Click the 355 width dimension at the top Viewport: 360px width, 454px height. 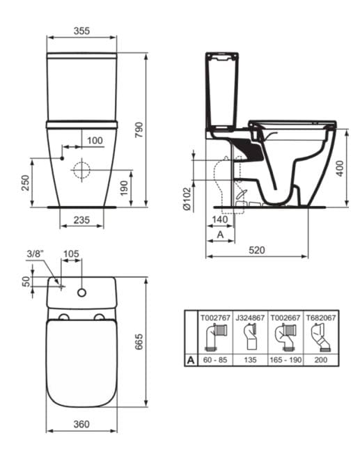click(83, 32)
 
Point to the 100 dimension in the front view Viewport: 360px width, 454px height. click(95, 140)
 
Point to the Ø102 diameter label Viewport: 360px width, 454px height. click(187, 198)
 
